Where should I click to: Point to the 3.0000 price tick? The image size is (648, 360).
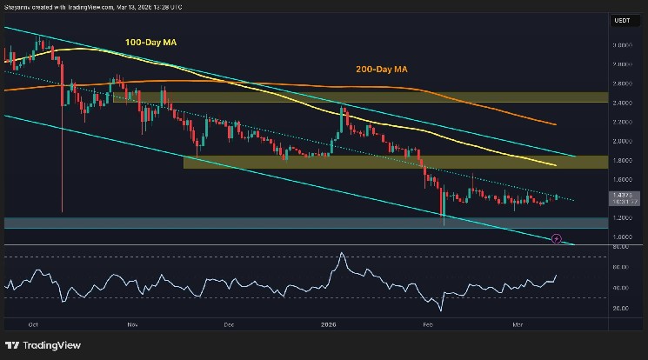tap(621, 44)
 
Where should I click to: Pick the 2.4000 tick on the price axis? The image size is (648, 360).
tap(621, 102)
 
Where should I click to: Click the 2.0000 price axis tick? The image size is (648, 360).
tap(621, 140)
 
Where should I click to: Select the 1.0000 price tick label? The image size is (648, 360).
tap(621, 237)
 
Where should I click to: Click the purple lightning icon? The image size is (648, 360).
tap(557, 237)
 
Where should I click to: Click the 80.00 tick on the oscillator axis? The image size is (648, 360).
tap(621, 247)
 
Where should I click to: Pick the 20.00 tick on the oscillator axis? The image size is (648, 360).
tap(621, 308)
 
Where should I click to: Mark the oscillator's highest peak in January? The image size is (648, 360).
tap(342, 253)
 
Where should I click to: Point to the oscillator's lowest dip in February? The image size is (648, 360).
tap(441, 310)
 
